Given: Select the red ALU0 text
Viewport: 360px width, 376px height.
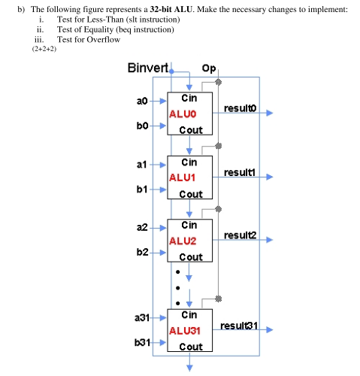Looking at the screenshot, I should coord(183,114).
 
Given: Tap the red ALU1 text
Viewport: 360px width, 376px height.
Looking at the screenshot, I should coord(183,177).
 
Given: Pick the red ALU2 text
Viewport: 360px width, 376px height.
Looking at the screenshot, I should coord(183,241).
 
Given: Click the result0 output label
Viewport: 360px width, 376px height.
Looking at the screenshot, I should coord(240,109).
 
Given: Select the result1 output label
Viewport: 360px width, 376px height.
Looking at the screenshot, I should coord(240,173).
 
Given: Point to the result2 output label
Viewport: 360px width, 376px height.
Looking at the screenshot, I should coord(240,235).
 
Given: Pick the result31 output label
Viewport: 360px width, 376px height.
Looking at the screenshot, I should coord(241,326).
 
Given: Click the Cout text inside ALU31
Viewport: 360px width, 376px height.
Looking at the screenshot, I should coord(190,347).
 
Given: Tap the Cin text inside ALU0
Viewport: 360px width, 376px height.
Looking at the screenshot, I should coord(190,99).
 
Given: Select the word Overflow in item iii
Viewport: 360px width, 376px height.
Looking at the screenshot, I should coord(102,39).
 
